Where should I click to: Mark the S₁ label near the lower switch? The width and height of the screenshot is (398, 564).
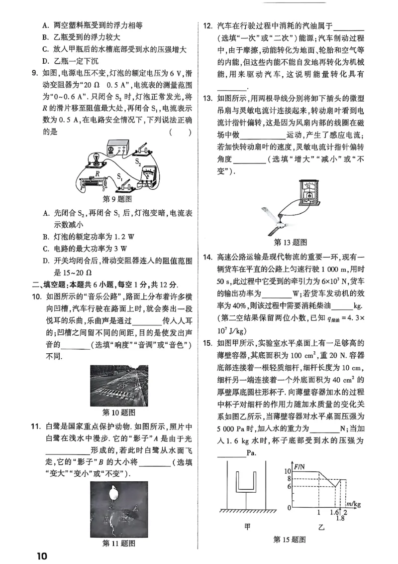coord(120,176)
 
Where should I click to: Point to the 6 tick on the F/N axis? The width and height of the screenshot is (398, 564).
coord(289,486)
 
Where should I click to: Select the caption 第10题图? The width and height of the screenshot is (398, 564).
coord(118,412)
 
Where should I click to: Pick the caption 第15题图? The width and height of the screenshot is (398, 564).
coord(290,539)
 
